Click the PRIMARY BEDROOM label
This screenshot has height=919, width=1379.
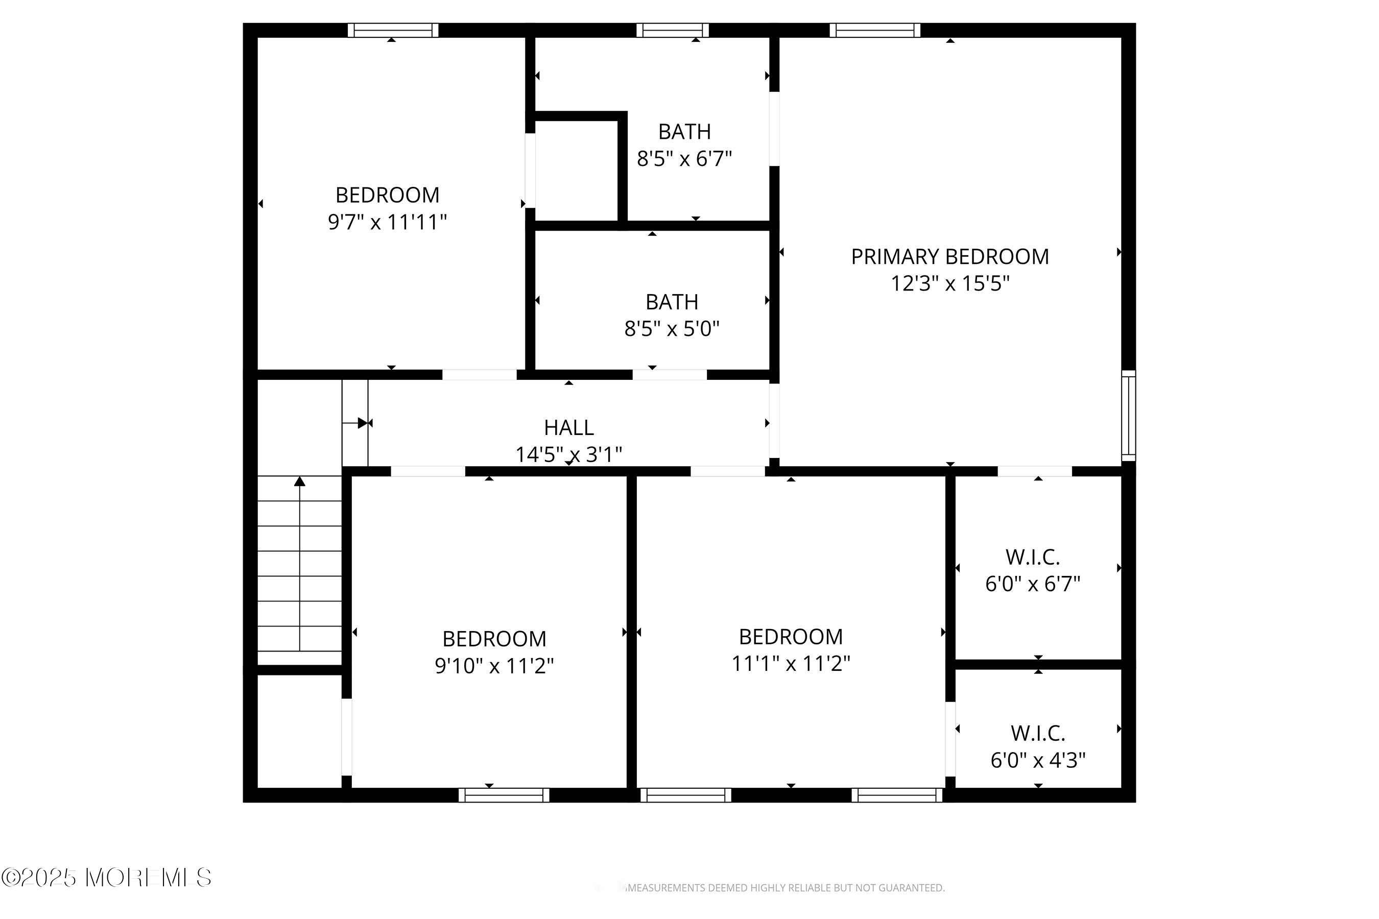[x=950, y=257]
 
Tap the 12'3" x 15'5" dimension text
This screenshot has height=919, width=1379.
[x=950, y=284]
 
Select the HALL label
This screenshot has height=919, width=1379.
[x=569, y=428]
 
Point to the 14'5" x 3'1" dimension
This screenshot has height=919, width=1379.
[x=569, y=454]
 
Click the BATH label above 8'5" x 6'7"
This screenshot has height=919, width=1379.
[x=684, y=132]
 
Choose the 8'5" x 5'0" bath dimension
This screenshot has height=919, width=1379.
[x=672, y=329]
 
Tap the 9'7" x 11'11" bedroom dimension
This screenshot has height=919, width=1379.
[x=388, y=222]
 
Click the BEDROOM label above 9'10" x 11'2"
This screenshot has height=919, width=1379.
[x=494, y=638]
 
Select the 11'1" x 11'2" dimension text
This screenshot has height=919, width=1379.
[x=791, y=663]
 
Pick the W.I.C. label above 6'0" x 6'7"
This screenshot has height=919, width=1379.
[x=1033, y=557]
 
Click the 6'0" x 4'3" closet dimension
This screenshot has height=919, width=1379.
[x=1038, y=760]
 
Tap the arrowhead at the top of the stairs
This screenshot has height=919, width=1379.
[x=300, y=481]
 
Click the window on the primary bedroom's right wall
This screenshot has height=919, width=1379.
[x=1129, y=416]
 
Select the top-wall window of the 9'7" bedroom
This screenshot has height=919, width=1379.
[x=393, y=31]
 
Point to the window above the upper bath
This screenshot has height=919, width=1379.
[x=673, y=31]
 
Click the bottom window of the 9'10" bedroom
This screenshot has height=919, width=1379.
[x=504, y=795]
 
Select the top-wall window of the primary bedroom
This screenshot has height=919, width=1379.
[x=875, y=31]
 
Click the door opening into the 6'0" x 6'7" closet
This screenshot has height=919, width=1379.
[x=1035, y=471]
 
